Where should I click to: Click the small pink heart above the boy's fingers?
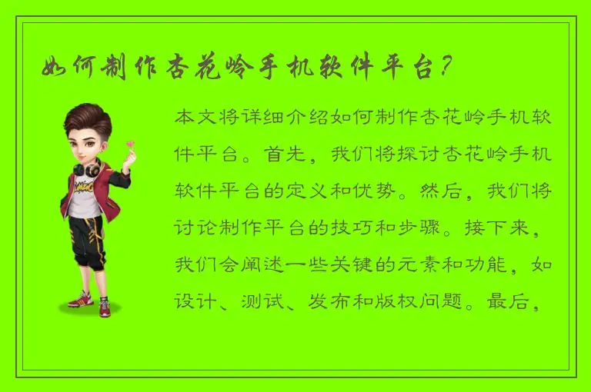pos(130,143)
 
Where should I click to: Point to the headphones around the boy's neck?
pos(87,167)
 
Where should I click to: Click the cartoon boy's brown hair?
pos(85,117)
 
